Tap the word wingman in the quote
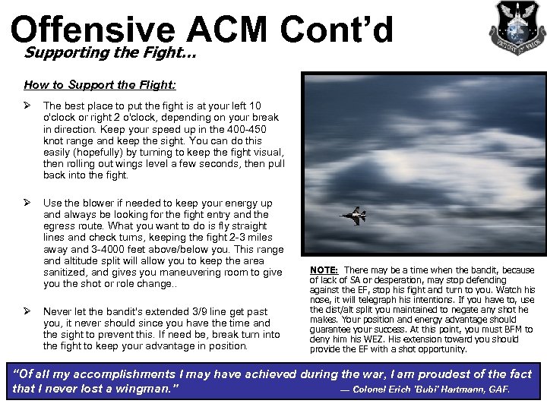146,389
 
